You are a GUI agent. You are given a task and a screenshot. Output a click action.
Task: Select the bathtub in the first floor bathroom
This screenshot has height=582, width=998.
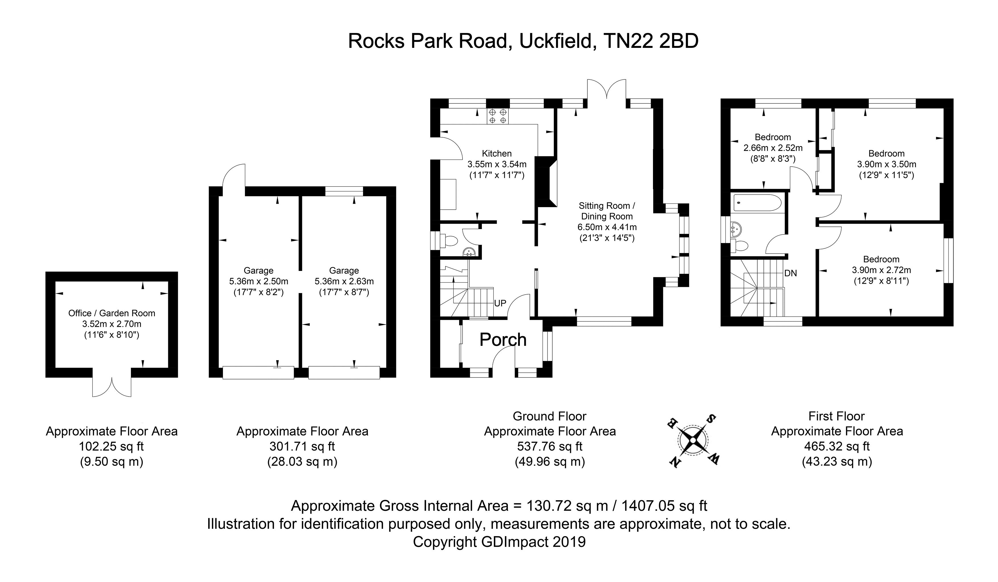pyautogui.click(x=757, y=203)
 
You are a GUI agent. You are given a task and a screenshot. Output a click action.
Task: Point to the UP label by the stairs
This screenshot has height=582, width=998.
pyautogui.click(x=500, y=303)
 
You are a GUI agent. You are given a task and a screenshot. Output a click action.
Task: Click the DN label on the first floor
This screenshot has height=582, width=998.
pyautogui.click(x=790, y=273)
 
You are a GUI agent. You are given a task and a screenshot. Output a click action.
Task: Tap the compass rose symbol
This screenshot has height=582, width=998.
pyautogui.click(x=693, y=440)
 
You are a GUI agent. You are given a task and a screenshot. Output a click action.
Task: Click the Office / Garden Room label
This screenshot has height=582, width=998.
pyautogui.click(x=112, y=313)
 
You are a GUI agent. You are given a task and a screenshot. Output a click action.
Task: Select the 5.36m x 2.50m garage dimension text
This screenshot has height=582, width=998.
pyautogui.click(x=259, y=281)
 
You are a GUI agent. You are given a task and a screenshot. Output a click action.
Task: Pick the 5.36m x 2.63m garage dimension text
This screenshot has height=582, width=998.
pyautogui.click(x=344, y=281)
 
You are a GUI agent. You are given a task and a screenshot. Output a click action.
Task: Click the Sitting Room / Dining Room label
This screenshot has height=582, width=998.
pyautogui.click(x=607, y=211)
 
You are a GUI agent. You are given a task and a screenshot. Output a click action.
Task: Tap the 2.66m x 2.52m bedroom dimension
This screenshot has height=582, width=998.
pyautogui.click(x=773, y=148)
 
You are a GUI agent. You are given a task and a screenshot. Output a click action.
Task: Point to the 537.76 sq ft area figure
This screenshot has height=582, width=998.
pyautogui.click(x=550, y=446)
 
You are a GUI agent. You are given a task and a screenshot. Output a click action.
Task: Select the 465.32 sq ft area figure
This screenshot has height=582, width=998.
pyautogui.click(x=837, y=446)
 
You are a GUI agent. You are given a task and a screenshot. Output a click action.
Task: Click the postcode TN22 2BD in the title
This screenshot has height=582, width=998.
pyautogui.click(x=651, y=41)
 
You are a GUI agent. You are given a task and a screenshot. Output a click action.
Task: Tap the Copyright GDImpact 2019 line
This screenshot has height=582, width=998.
pyautogui.click(x=499, y=542)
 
